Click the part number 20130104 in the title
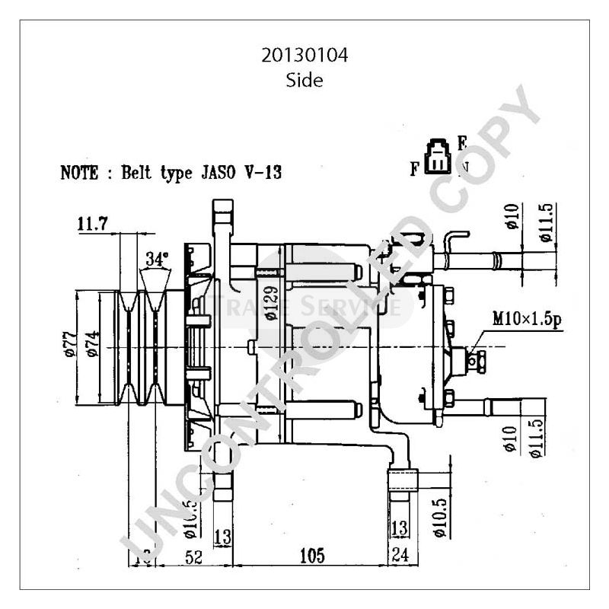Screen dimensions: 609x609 (304, 56)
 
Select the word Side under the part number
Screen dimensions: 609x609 (304, 80)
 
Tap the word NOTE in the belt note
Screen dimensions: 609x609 (79, 173)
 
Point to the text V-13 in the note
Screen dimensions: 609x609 (261, 173)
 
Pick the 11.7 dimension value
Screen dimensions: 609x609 (92, 223)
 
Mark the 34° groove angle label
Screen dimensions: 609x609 (157, 259)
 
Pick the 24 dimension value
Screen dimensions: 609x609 (400, 556)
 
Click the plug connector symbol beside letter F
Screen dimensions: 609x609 (438, 156)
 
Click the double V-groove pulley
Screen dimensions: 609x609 (145, 347)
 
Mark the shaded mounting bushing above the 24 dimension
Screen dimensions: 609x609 (403, 482)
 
